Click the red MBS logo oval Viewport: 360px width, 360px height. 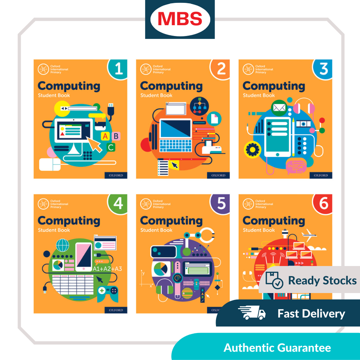pos(180,19)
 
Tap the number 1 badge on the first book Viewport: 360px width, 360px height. pos(118,68)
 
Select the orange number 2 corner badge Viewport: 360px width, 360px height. pos(221,68)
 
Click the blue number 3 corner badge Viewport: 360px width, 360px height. pos(323,68)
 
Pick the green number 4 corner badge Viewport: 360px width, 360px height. pos(118,203)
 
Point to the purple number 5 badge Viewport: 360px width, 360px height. pos(221,203)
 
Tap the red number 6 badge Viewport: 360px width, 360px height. pos(323,203)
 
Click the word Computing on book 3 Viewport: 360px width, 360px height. pos(274,86)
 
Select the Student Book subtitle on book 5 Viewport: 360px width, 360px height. pos(156,230)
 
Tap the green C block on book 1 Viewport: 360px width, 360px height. pos(111,147)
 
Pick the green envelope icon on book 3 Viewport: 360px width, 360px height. pos(279,108)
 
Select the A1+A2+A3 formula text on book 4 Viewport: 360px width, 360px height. pos(107,269)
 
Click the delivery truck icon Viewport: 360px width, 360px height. pos(252,313)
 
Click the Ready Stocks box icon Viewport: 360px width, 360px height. pos(274,280)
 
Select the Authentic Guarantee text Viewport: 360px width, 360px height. pos(277,348)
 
